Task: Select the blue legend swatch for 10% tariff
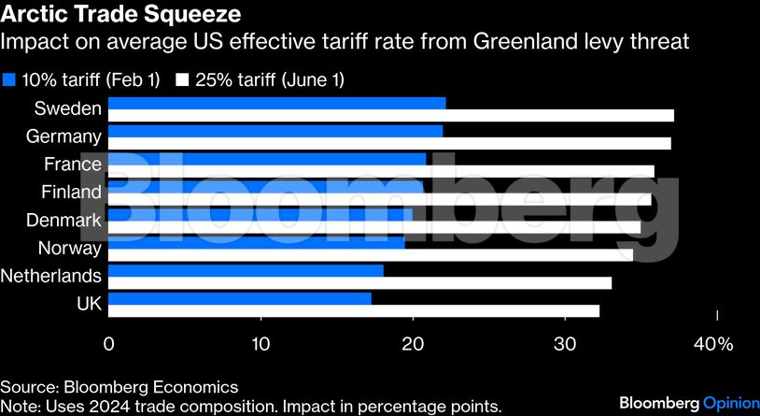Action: [x=9, y=80]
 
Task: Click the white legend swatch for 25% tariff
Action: [x=182, y=80]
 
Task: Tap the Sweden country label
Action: [x=67, y=108]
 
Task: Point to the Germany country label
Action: [x=63, y=136]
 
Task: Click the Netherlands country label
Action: [x=51, y=276]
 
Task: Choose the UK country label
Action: [x=88, y=304]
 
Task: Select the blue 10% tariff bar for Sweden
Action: [x=277, y=103]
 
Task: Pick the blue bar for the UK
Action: [x=240, y=298]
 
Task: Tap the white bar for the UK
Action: [x=354, y=311]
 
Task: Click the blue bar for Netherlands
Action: [x=246, y=270]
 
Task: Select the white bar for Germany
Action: [x=389, y=144]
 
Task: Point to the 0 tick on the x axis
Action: [x=109, y=344]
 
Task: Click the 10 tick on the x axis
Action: [x=260, y=344]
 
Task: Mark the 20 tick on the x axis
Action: [x=413, y=344]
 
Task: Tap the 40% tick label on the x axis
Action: [x=714, y=344]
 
